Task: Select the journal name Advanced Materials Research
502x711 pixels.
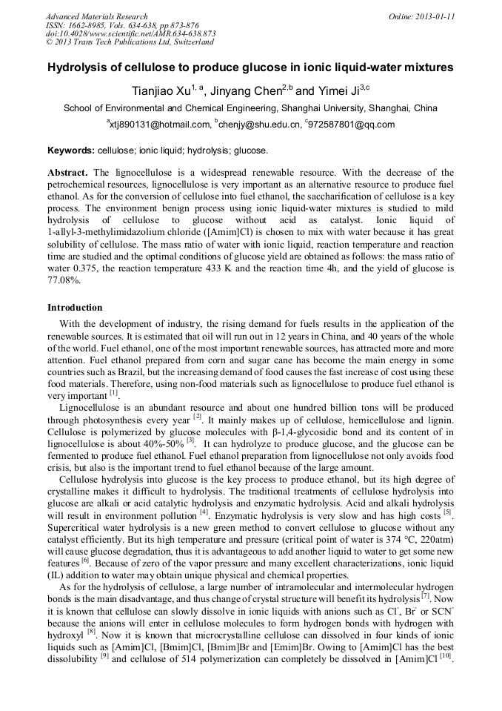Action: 96,16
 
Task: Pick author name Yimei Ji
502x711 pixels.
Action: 336,92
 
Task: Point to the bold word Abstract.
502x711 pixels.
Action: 68,172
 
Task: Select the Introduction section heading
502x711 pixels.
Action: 75,307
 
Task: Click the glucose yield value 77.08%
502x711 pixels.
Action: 64,281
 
